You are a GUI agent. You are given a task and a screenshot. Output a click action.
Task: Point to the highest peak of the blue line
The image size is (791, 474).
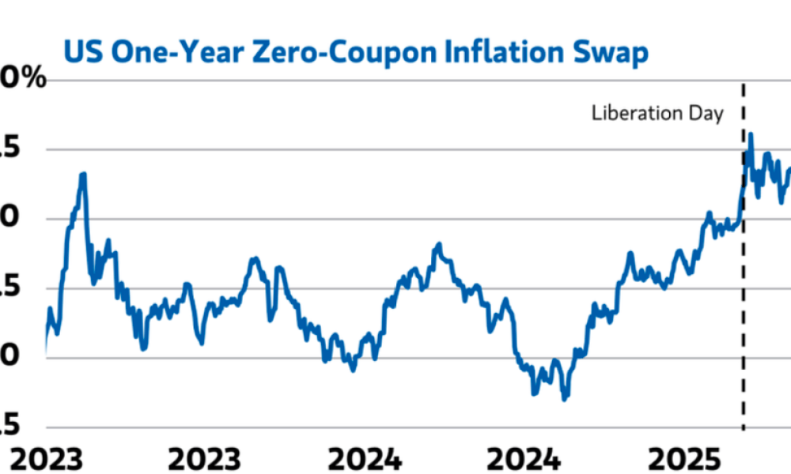point(750,134)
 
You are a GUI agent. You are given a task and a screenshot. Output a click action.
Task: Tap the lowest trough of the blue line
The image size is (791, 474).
point(564,399)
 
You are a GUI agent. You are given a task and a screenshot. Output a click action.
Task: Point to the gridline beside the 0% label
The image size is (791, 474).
point(395,81)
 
